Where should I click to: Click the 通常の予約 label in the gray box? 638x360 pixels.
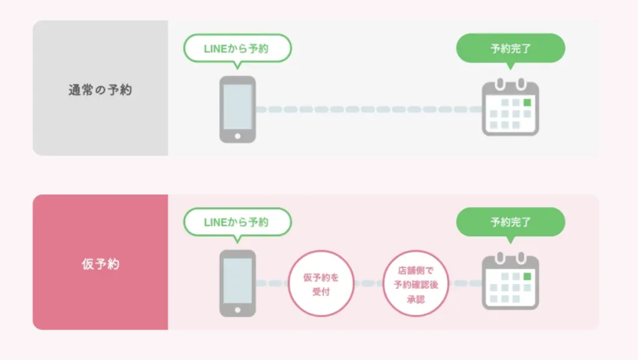100,90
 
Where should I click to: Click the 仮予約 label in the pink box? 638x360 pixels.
100,264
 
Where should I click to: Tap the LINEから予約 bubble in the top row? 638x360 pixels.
237,49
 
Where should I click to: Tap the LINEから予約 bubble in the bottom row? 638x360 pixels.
237,222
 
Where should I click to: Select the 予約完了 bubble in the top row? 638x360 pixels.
511,49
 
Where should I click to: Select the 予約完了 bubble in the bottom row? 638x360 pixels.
511,222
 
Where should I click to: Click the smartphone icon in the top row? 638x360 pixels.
237,110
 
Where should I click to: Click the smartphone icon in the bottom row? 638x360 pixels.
237,283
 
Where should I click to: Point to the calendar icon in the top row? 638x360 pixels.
511,107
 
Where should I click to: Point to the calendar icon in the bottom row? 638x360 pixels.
511,281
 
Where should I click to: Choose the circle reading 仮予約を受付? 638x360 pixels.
321,283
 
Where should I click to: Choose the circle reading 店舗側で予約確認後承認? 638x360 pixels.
416,283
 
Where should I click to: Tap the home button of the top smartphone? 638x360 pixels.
237,136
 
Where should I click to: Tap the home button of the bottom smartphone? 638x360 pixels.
237,310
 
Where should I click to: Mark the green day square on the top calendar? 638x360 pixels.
527,103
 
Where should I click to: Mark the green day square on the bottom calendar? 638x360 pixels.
527,277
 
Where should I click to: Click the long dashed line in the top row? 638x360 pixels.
369,110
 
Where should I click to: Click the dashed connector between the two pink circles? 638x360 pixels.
368,283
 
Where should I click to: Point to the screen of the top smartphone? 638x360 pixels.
237,107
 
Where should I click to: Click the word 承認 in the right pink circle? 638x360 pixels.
416,300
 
